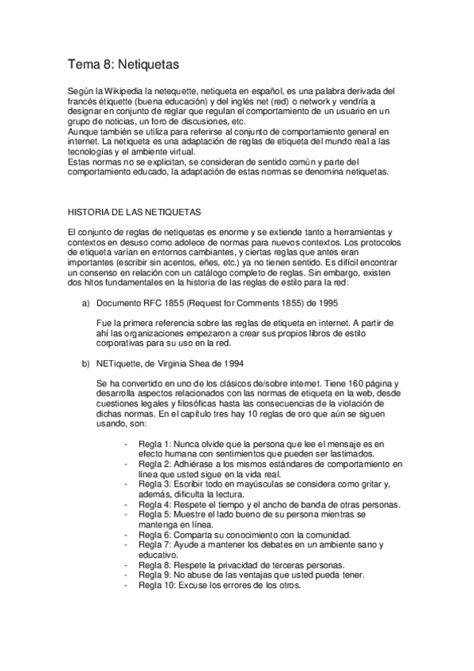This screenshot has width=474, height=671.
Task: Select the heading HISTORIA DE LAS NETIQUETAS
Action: click(135, 212)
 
